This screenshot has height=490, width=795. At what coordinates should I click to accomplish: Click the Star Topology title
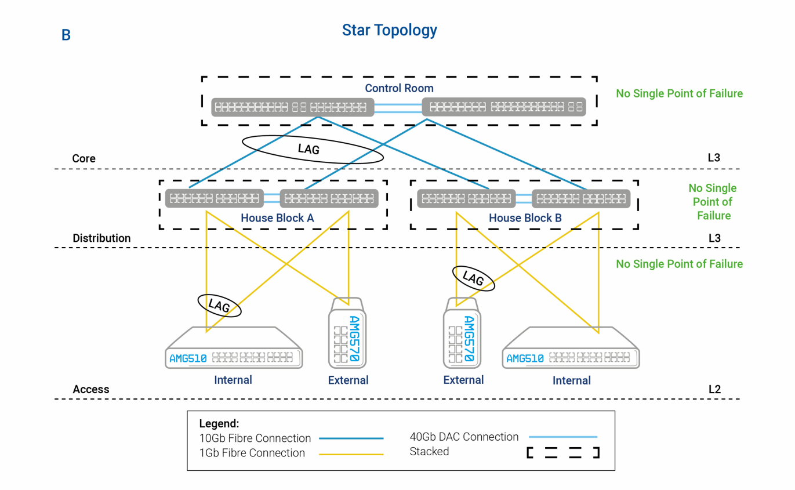click(389, 30)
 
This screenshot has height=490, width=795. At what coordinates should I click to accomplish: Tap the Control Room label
click(399, 88)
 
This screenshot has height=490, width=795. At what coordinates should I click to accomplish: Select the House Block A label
click(277, 219)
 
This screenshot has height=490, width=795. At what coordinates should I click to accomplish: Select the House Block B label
click(525, 219)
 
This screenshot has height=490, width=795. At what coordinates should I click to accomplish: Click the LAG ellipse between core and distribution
click(312, 149)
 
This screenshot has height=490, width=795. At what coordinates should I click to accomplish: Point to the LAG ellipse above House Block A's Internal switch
click(219, 306)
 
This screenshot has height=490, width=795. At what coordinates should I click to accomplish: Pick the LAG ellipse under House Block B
click(473, 279)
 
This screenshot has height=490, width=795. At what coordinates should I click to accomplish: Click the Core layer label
click(84, 158)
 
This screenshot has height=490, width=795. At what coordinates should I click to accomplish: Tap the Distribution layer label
click(101, 238)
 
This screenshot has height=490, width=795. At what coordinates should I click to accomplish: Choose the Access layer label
click(91, 389)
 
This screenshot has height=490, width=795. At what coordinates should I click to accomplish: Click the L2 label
click(714, 389)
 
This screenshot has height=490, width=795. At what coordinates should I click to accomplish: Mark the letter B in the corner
click(66, 35)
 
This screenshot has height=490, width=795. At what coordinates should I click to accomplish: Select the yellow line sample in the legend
click(351, 454)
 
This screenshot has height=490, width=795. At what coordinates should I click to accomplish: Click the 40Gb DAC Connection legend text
click(464, 437)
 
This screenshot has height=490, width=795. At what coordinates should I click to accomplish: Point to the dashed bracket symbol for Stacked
click(562, 452)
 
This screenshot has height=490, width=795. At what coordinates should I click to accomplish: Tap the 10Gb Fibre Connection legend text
click(255, 438)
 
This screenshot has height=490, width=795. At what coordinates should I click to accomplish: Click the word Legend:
click(219, 423)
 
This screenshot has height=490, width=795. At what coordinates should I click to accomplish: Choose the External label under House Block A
click(348, 380)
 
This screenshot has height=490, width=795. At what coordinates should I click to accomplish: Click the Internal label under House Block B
click(571, 380)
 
